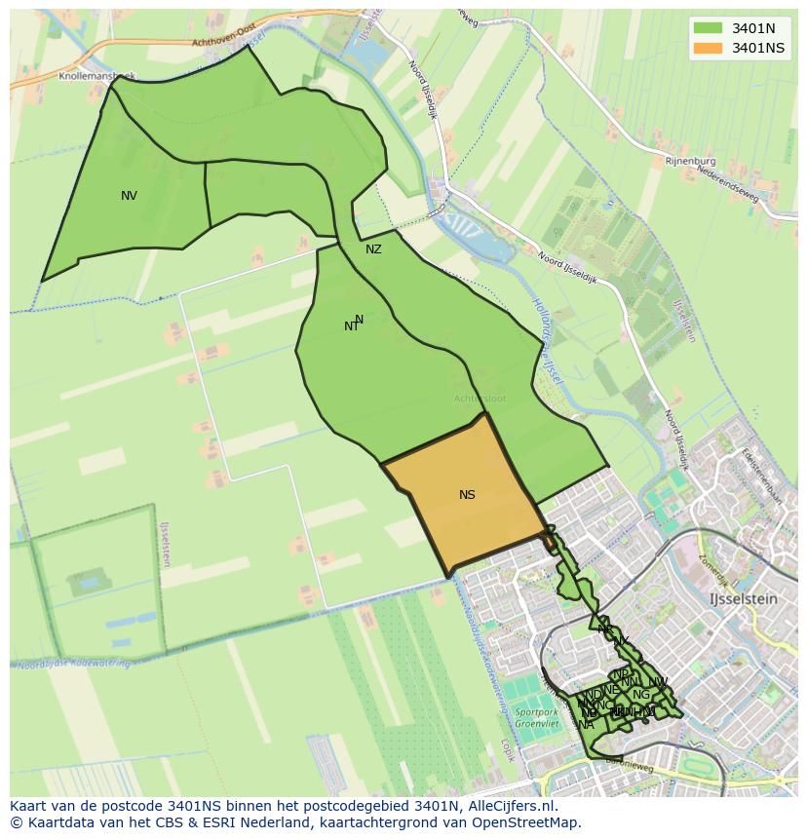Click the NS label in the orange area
click(x=467, y=495)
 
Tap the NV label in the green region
click(x=129, y=196)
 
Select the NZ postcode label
click(x=373, y=249)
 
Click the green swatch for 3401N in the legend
click(x=709, y=27)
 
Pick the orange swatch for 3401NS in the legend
click(x=709, y=48)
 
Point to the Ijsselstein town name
click(x=744, y=599)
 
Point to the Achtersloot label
click(x=479, y=399)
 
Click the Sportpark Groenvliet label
click(x=536, y=719)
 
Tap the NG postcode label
click(x=640, y=695)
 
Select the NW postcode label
click(x=658, y=681)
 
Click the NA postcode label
click(x=586, y=725)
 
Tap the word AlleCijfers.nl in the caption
click(x=510, y=806)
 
